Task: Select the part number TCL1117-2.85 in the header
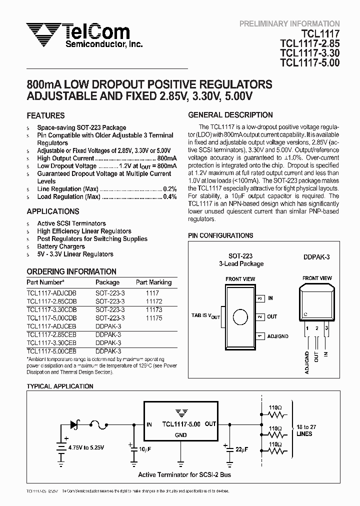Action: coord(309,43)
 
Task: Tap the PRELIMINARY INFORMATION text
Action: coord(289,23)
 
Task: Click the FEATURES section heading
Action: coord(45,115)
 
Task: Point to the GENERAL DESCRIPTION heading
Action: coord(230,115)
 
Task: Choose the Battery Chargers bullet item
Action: coord(61,246)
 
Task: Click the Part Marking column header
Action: coord(153,282)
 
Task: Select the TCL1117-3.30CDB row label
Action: coord(51,310)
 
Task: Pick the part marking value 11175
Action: coord(153,317)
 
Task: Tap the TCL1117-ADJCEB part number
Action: coord(51,325)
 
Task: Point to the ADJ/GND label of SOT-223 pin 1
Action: coord(278,336)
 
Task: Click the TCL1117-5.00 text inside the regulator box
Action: coord(180,424)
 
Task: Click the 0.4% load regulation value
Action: coord(170,197)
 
